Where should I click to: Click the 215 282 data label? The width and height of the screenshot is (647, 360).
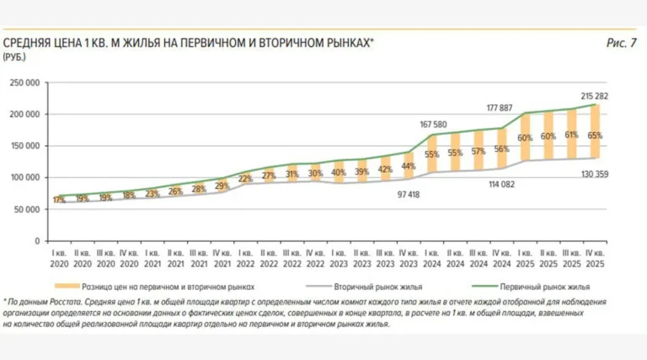click(x=595, y=96)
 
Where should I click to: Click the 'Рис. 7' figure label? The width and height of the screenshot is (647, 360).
click(x=621, y=42)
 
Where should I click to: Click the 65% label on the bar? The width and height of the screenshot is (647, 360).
click(x=595, y=135)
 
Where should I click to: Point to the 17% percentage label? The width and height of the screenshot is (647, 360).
click(x=58, y=200)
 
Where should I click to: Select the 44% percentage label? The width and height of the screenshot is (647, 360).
click(x=409, y=166)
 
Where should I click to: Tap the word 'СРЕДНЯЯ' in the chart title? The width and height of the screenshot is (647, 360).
click(x=29, y=42)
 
